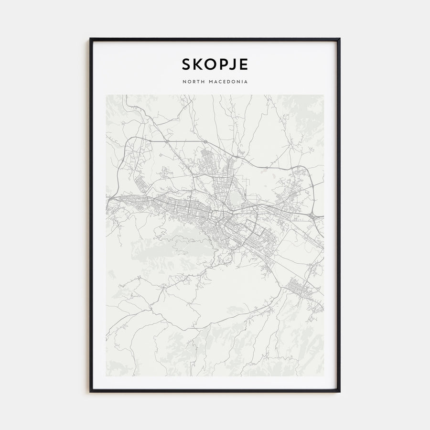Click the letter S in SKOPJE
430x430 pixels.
[186, 64]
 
